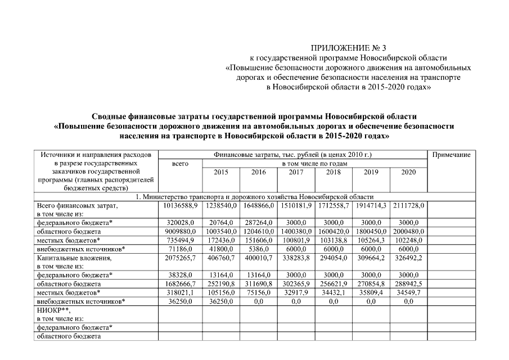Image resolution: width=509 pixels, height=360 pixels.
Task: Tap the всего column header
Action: tap(179, 164)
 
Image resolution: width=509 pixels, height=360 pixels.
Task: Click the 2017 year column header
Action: tap(296, 172)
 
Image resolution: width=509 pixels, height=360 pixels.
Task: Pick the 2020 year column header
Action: tap(408, 172)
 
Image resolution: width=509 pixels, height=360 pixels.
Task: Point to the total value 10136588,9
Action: tap(179, 206)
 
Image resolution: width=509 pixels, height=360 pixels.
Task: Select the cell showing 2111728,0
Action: tap(409, 206)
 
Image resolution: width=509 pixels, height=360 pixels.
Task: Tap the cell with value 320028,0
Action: tap(179, 223)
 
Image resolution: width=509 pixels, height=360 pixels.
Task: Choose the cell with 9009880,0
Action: tap(179, 232)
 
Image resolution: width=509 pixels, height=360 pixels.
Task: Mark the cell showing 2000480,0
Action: tap(409, 232)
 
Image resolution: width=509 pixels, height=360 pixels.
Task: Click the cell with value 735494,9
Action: tap(179, 240)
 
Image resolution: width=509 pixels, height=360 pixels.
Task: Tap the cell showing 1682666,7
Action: tap(179, 285)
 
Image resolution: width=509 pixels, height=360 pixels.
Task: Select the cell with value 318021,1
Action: tap(179, 293)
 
